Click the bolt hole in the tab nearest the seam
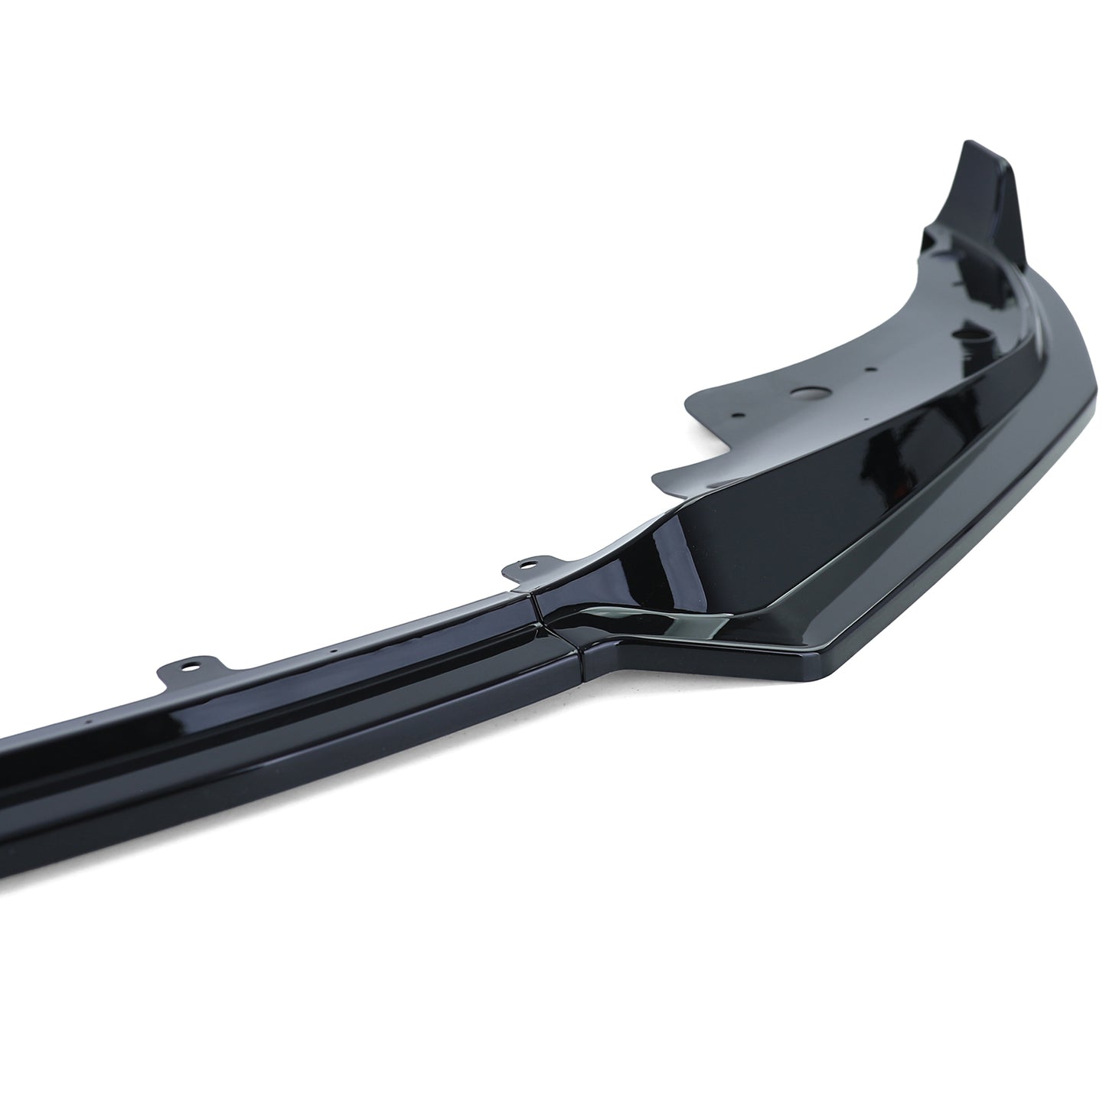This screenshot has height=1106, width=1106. [527, 565]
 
